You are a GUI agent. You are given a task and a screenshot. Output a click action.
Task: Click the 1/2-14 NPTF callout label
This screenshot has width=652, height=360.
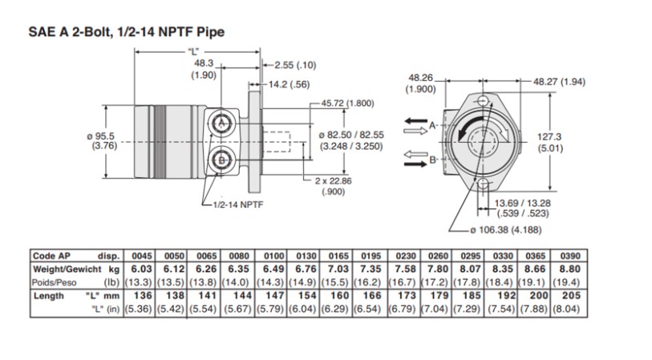(x=239, y=204)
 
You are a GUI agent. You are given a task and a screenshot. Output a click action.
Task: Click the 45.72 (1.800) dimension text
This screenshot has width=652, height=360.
(x=347, y=103)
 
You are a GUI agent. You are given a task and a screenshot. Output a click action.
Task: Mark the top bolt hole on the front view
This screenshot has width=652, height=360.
(x=483, y=100)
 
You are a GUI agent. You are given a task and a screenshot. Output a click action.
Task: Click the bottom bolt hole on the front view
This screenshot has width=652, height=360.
(x=484, y=185)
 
